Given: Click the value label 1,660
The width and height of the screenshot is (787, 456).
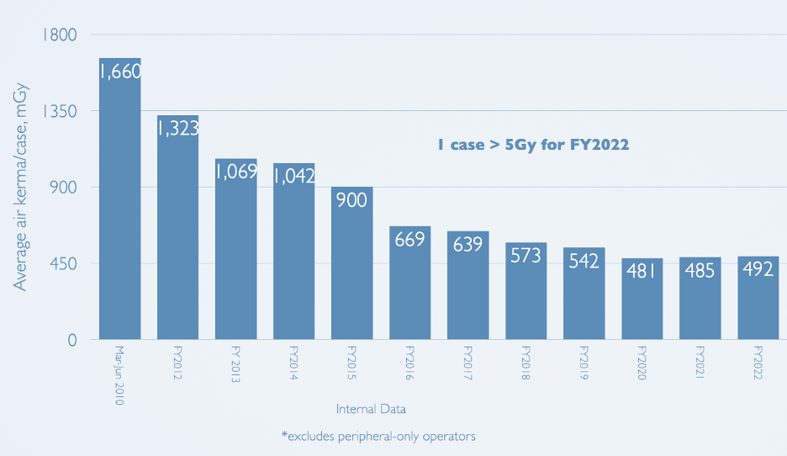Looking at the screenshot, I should point(119,72).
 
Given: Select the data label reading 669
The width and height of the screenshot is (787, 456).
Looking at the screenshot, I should point(409,240).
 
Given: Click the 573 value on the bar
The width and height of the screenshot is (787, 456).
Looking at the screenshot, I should point(526,256).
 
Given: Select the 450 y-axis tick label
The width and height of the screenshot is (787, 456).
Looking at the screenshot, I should point(61,264).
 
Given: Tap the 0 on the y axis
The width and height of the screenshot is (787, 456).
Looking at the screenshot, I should point(72,341).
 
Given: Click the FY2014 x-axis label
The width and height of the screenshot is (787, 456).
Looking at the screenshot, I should point(293,361).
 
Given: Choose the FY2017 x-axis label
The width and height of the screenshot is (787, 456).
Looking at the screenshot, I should point(467,361).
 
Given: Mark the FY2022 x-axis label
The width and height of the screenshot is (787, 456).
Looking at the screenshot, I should point(758,361).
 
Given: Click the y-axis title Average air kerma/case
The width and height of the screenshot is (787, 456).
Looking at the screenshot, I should point(21,187).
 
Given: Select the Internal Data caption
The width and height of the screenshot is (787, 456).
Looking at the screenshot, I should point(371,410).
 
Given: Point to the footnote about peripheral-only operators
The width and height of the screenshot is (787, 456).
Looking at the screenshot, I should point(378,437).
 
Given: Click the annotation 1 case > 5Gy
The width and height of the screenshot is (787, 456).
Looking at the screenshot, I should point(533,145).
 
